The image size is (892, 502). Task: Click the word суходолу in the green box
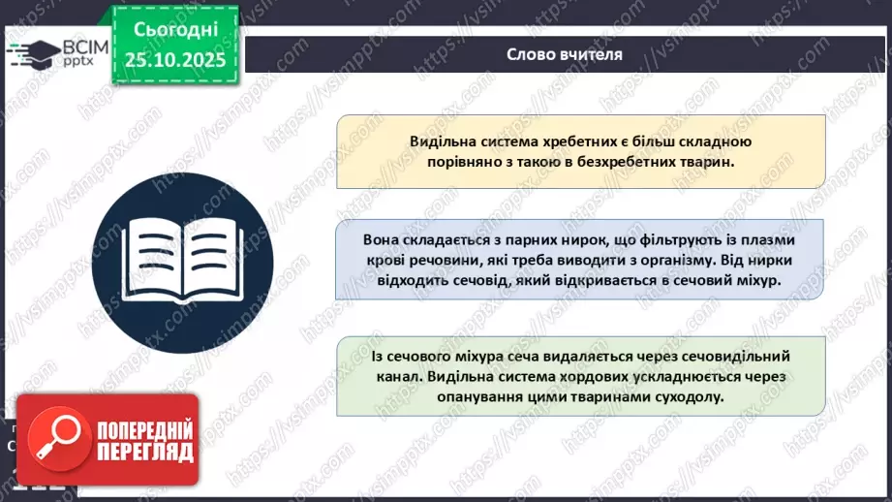pos(692,397)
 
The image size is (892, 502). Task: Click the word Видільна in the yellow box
pos(441,141)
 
